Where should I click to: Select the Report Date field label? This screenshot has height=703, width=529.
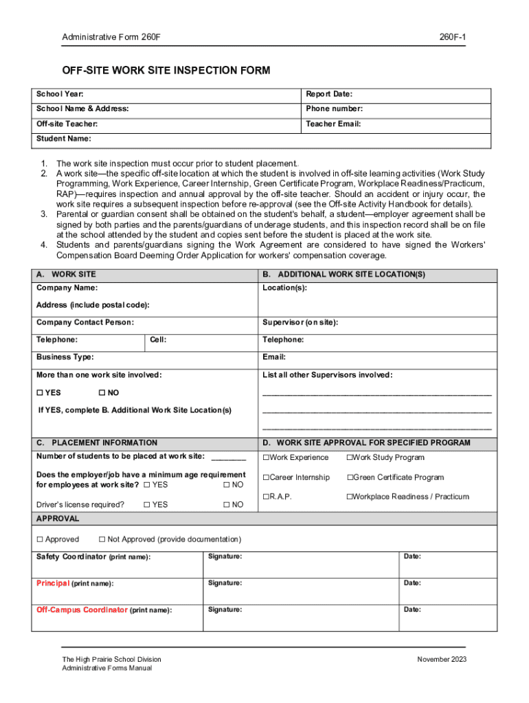(x=329, y=94)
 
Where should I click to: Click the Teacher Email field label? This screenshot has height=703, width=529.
(x=333, y=124)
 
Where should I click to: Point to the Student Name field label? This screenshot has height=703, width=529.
(x=63, y=139)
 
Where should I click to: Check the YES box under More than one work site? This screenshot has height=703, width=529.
(x=40, y=393)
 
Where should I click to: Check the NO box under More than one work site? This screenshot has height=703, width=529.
(x=102, y=393)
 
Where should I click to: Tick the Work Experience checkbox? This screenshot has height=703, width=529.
(x=265, y=458)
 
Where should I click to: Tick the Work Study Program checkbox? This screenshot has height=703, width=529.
(x=350, y=458)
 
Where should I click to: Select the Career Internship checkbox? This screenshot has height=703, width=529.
(x=265, y=478)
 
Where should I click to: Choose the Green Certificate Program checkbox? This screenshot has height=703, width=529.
(x=350, y=478)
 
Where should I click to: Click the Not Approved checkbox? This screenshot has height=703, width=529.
(x=102, y=540)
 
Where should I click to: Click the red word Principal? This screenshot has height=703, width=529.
(x=52, y=583)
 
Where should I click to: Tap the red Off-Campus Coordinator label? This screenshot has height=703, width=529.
(x=82, y=610)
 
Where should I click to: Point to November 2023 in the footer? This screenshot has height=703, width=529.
(x=442, y=660)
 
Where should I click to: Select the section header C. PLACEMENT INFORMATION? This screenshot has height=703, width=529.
(x=97, y=443)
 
